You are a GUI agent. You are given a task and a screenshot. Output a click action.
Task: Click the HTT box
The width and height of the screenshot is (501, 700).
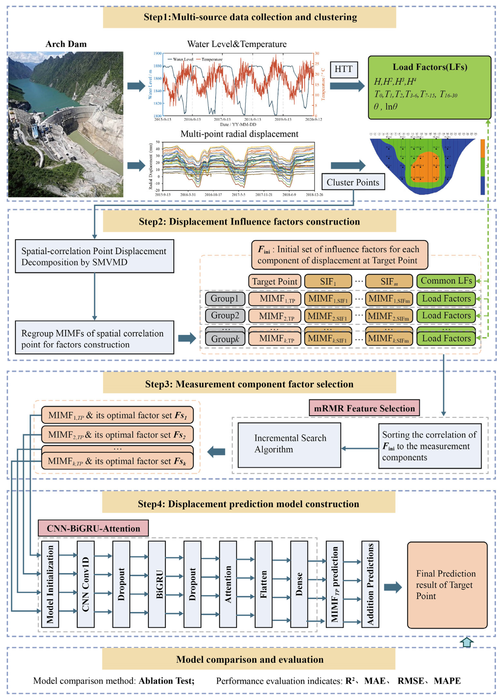coord(343,69)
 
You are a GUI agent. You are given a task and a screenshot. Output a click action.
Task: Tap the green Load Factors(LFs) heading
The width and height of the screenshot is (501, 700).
coord(429,67)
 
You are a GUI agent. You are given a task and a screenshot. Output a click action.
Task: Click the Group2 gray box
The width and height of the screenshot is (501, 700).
coord(225,315)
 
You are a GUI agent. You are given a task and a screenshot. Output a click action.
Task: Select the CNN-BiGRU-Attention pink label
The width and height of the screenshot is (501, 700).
coord(93,528)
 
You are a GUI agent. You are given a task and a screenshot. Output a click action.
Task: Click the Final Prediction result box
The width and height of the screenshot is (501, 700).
coord(447,585)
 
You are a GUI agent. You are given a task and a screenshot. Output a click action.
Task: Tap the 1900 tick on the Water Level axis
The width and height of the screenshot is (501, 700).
coord(157,53)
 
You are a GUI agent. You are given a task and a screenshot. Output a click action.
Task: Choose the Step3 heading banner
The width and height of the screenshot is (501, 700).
coord(249,384)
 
